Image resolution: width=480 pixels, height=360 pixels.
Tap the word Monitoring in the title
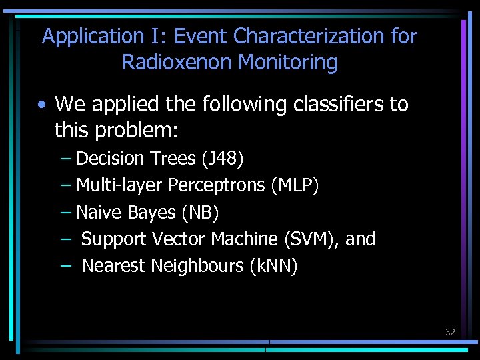(x=288, y=63)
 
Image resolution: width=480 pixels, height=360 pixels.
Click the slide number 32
(x=450, y=332)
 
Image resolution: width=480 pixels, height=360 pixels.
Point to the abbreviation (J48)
(x=222, y=159)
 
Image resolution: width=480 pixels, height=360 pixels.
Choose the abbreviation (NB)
(x=200, y=213)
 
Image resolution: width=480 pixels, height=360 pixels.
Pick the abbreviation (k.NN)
(x=273, y=266)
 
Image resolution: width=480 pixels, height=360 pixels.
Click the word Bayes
(x=156, y=213)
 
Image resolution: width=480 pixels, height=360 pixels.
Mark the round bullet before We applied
(x=42, y=105)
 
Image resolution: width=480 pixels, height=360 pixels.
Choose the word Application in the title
(x=88, y=36)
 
